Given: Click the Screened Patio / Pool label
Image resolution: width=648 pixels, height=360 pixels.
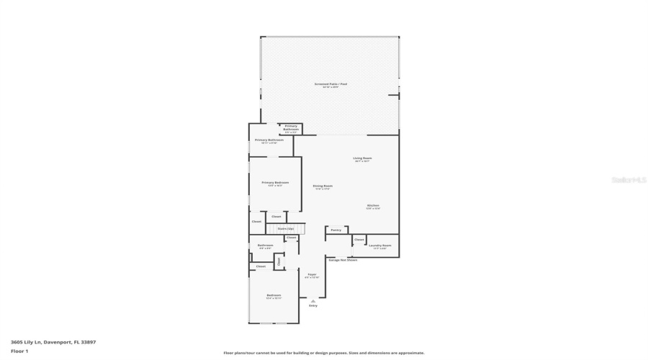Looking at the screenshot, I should tap(330, 84).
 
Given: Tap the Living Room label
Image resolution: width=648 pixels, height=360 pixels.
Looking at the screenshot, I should tap(362, 158).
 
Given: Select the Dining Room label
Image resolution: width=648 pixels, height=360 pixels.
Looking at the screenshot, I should tap(323, 186).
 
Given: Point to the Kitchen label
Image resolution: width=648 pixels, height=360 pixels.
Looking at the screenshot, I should tap(373, 206).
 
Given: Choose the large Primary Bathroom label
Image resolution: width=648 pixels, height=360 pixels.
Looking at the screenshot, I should tap(269, 140).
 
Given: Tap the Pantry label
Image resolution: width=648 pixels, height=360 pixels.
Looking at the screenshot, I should tap(336, 230).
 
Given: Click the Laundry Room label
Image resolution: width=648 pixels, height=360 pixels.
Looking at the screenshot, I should tap(379, 246).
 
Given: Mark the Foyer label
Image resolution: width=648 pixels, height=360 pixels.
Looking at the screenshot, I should tap(312, 274).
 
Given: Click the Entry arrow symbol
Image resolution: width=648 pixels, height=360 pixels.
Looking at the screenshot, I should tap(312, 301).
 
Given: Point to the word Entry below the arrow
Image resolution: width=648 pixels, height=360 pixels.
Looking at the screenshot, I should tap(312, 306).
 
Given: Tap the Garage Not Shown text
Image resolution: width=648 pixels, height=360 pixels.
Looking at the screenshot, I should tap(343, 260).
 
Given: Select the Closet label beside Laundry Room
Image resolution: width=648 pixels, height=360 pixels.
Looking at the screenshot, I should tap(359, 239).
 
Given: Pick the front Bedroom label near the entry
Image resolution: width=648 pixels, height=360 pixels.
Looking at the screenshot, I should tap(274, 295).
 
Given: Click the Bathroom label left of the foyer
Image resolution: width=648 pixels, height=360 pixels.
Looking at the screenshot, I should tap(264, 246).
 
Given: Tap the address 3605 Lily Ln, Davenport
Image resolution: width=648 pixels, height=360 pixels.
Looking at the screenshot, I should tap(53, 342).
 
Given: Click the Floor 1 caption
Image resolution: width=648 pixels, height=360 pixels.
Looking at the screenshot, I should tap(19, 351).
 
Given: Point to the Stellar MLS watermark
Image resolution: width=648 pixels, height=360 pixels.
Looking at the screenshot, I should tap(629, 180).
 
